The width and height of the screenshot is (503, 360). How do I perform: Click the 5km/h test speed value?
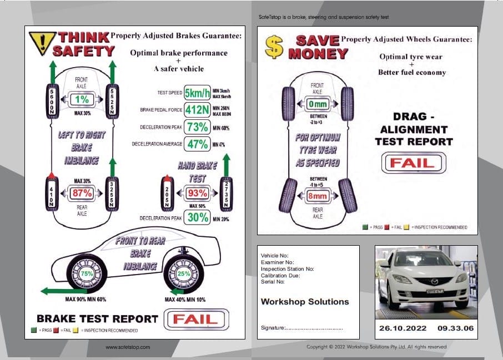tap(197, 93)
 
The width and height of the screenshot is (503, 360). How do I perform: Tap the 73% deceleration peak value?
tap(197, 127)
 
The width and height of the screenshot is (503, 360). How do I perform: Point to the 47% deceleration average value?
tap(197, 144)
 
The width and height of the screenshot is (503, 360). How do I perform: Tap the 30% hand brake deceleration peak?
tap(197, 218)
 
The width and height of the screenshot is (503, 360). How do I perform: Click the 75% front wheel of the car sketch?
tap(87, 273)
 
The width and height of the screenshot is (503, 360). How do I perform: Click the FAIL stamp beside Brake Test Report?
tap(194, 319)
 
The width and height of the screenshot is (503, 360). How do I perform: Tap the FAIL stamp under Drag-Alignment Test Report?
tap(413, 163)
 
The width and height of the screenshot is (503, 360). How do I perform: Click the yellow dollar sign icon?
tap(273, 47)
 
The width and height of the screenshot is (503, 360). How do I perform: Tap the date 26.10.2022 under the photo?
tap(403, 328)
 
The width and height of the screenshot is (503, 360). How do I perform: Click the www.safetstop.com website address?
tap(128, 347)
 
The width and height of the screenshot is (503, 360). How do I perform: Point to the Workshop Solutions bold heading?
tap(305, 302)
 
